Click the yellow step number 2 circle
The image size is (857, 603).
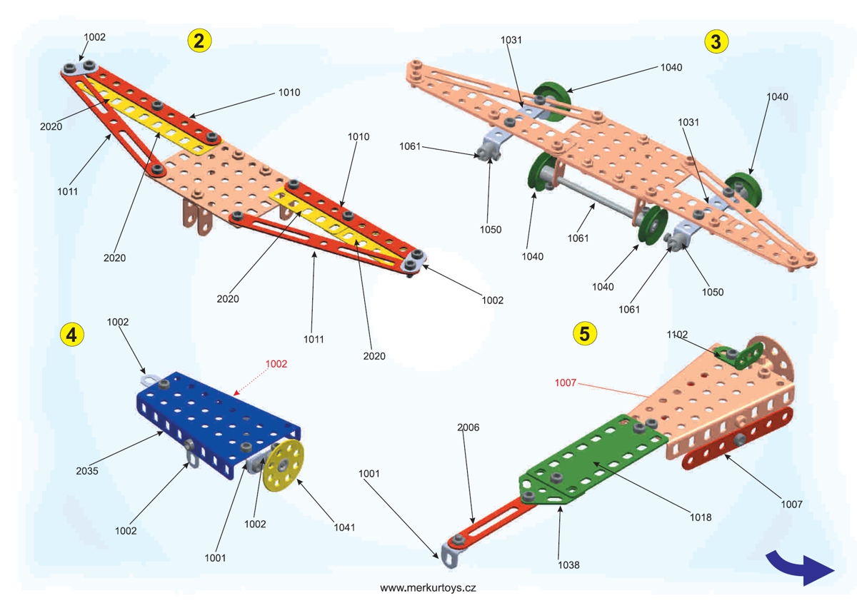pyautogui.click(x=199, y=41)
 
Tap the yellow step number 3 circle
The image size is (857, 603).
pyautogui.click(x=716, y=41)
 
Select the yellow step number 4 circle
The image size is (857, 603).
pyautogui.click(x=72, y=333)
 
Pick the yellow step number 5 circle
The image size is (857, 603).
pyautogui.click(x=586, y=333)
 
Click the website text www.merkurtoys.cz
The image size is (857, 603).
pyautogui.click(x=428, y=588)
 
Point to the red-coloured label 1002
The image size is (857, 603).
pyautogui.click(x=276, y=363)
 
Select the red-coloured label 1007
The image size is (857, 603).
pyautogui.click(x=565, y=383)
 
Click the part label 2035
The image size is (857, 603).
pyautogui.click(x=86, y=471)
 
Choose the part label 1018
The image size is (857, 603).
pyautogui.click(x=701, y=517)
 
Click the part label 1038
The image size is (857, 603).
pyautogui.click(x=569, y=564)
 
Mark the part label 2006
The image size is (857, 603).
pyautogui.click(x=468, y=427)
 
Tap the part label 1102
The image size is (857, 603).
pyautogui.click(x=677, y=333)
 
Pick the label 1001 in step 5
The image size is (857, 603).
pyautogui.click(x=369, y=473)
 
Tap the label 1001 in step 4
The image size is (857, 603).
pyautogui.click(x=214, y=557)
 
